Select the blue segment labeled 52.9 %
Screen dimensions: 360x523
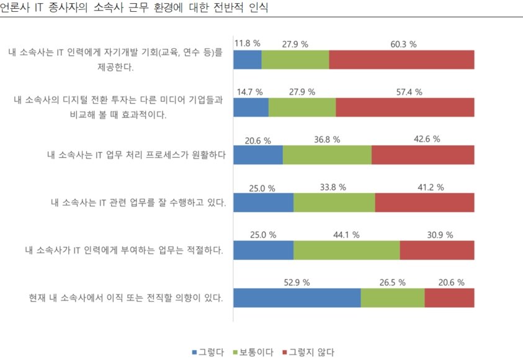(297, 298)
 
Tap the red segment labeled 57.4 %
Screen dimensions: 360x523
(405, 107)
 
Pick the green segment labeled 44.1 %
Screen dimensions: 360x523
(346, 250)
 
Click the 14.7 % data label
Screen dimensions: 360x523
(249, 92)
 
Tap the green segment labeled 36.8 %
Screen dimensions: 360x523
(327, 155)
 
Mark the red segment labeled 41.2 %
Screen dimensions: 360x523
(424, 202)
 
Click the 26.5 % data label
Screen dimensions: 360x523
(392, 282)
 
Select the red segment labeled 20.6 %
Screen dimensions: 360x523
(449, 298)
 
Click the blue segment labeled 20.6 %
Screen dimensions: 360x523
(257, 155)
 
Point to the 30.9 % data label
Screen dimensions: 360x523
(440, 235)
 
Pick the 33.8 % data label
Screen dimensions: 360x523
(333, 187)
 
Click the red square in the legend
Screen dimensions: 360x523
(285, 352)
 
